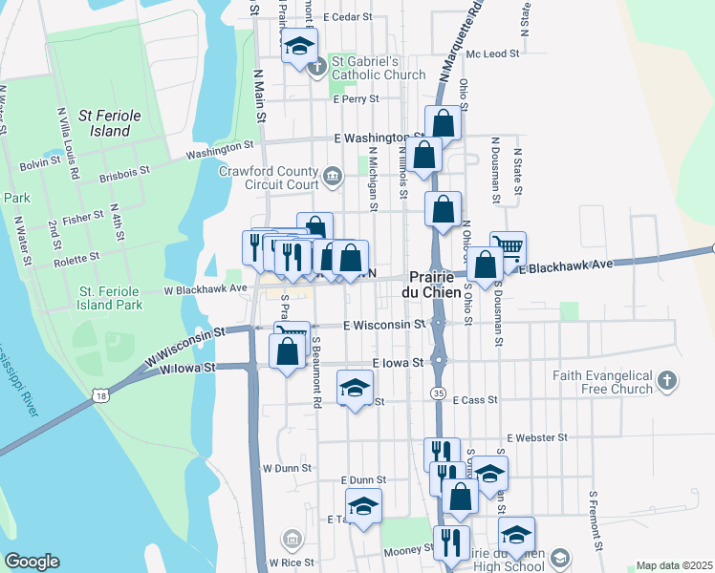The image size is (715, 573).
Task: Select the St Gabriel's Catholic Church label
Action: [x=379, y=69]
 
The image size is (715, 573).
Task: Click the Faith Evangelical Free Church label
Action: [x=601, y=382]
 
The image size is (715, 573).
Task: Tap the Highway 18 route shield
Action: [x=101, y=394]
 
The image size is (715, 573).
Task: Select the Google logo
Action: [x=32, y=562]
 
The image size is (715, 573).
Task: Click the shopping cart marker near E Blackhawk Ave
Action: [x=508, y=247]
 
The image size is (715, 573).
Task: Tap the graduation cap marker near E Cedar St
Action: [x=300, y=46]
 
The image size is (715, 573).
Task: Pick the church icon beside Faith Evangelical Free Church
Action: [x=667, y=382]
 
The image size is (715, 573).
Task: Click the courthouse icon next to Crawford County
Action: [x=333, y=175]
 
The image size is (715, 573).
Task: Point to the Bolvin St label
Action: [x=40, y=163]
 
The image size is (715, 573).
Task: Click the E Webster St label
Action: [x=538, y=437]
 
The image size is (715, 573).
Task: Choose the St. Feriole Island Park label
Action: [x=111, y=298]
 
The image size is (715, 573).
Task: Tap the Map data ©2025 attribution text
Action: [x=674, y=565]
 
